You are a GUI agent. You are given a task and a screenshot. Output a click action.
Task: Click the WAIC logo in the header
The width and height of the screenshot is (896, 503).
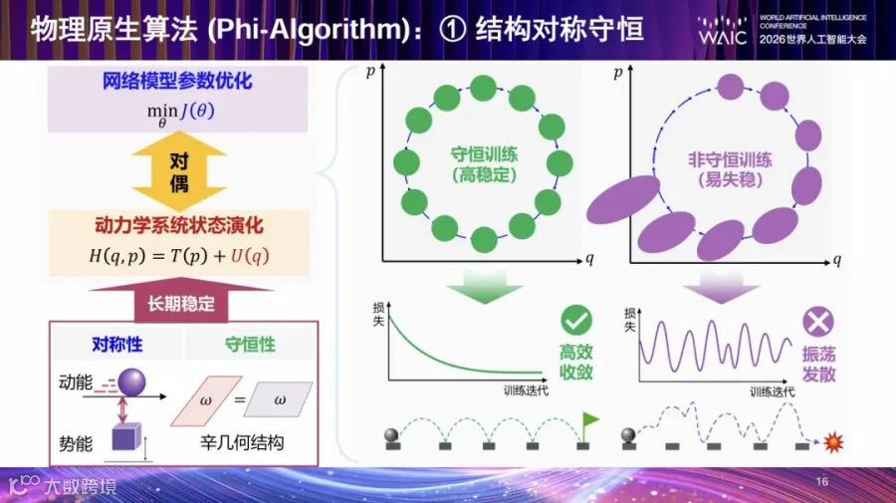723,31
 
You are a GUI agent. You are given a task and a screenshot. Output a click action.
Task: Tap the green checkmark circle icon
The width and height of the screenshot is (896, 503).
576,320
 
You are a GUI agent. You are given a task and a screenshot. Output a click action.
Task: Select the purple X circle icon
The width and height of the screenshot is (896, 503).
818,322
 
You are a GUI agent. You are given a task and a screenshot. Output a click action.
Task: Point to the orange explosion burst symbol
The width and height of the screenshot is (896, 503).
833,442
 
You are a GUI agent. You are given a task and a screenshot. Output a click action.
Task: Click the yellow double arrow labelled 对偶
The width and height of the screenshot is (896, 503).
179,171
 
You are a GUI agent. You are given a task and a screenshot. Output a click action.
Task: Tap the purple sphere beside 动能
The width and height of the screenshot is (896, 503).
131,382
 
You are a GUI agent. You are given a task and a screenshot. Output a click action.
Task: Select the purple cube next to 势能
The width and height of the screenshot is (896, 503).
126,436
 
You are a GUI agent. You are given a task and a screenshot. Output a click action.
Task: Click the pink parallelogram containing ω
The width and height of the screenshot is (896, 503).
206,400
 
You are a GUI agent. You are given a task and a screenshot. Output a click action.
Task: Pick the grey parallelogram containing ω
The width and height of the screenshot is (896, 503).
279,399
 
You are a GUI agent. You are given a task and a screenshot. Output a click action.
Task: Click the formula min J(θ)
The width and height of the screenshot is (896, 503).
180,113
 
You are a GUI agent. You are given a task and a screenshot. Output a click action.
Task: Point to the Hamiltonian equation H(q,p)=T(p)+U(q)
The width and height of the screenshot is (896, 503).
179,256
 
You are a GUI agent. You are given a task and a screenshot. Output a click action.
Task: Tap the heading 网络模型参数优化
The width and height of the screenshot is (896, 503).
177,81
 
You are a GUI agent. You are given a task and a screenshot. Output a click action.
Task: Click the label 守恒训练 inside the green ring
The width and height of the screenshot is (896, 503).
485,154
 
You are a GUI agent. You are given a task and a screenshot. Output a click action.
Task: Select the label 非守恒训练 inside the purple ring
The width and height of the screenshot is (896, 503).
730,159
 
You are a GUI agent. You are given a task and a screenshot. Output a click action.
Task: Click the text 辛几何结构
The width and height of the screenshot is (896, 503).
242,442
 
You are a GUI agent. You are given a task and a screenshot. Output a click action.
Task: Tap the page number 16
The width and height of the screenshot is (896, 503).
821,482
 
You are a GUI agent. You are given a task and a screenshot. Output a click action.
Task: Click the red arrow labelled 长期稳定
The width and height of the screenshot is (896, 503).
181,300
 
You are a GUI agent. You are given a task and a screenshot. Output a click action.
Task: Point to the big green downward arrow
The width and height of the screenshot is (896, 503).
485,287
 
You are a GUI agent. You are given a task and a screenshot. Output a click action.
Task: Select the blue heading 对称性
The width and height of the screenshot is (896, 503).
117,345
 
